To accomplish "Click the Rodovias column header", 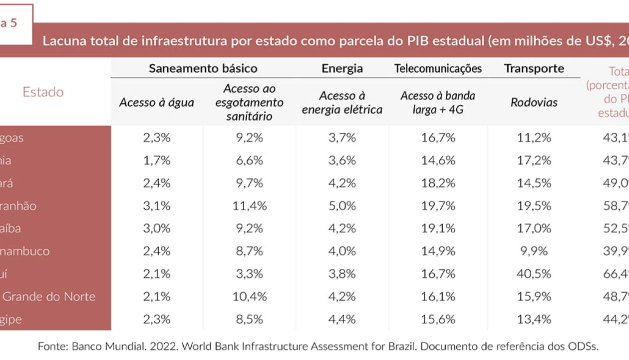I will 534,102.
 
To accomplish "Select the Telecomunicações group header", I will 438,68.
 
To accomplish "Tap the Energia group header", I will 342,68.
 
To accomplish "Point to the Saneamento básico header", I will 203,68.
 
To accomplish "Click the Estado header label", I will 43,92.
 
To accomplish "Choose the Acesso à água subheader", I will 156,102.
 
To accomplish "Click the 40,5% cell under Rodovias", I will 534,274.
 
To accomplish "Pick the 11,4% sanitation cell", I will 249,205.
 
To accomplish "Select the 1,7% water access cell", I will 156,160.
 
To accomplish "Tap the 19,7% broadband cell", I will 438,205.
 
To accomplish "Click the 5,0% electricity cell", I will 342,205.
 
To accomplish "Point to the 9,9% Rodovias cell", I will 534,251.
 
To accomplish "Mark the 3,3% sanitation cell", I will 249,274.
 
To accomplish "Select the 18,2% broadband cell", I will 438,183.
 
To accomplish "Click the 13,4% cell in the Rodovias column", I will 534,319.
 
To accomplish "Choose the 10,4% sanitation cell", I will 249,296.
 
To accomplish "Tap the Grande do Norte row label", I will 48,296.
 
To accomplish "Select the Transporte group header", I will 534,68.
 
